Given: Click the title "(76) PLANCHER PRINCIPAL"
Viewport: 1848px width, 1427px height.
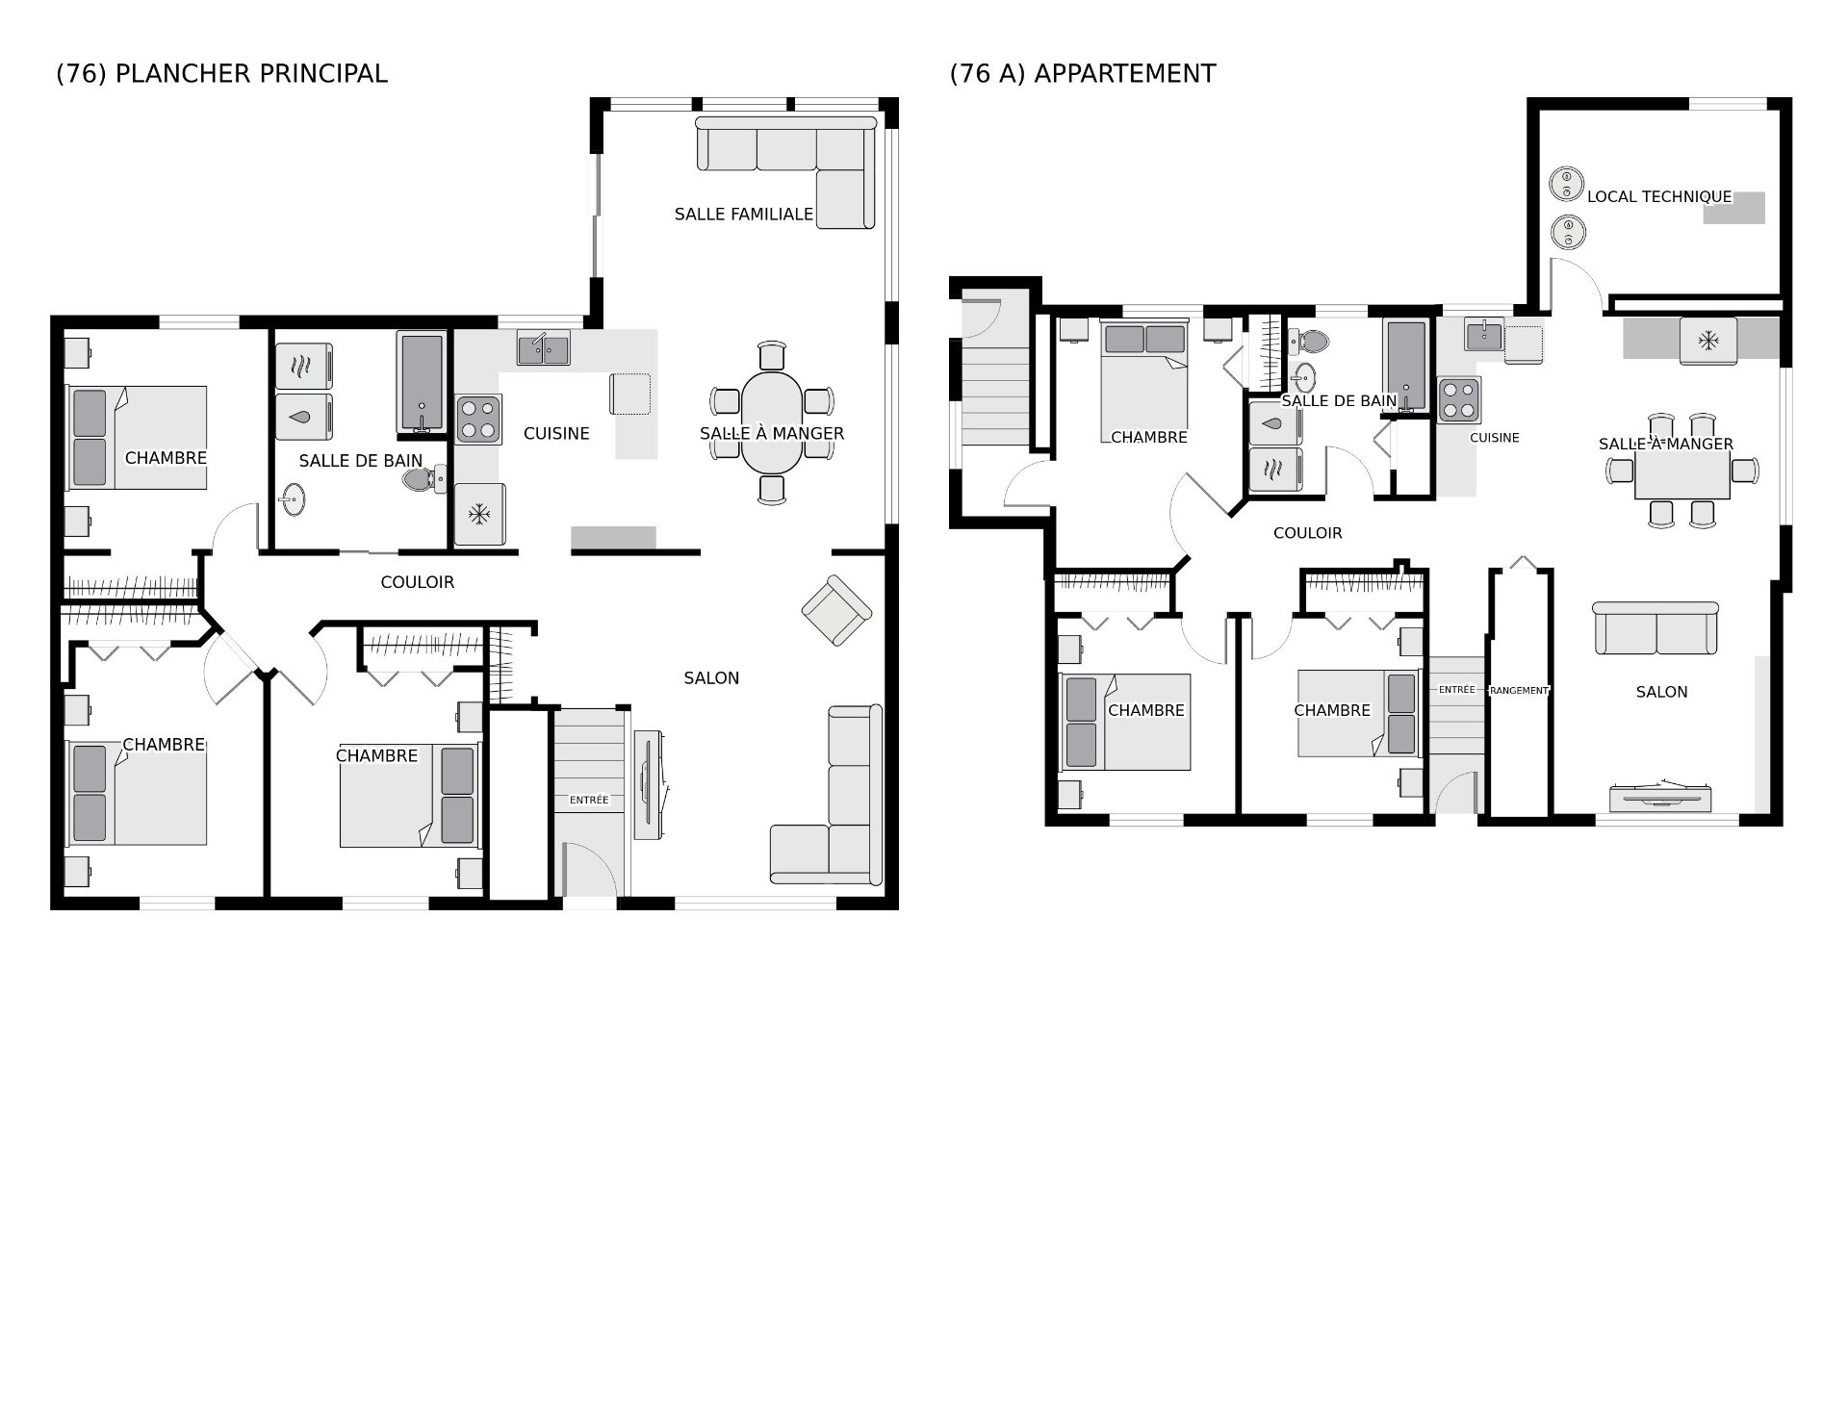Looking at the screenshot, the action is point(221,74).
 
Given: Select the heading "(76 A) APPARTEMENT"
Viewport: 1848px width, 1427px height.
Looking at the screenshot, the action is point(1083,74).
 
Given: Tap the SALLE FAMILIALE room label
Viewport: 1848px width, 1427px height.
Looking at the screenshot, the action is point(744,214).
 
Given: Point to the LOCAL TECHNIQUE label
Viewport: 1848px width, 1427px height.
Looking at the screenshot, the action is point(1659,196).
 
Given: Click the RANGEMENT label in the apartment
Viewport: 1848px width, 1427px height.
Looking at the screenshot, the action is point(1519,690).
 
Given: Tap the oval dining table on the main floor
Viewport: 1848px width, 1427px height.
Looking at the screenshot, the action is point(772,422).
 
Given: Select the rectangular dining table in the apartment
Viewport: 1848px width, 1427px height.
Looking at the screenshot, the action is point(1682,471).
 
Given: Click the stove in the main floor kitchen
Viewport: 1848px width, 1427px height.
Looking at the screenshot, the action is point(478,420).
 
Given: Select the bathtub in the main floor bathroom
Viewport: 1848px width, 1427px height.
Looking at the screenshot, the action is point(421,384).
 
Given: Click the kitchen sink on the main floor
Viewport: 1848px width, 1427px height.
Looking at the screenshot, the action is point(543,347).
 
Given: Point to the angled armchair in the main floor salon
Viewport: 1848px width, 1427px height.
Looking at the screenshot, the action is point(836,610).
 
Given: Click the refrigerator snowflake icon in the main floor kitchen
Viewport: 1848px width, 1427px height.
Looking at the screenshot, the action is point(478,515).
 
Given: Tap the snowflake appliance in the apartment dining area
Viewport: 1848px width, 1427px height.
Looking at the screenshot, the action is point(1708,341).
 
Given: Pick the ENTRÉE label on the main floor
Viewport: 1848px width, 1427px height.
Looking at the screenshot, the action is point(589,800).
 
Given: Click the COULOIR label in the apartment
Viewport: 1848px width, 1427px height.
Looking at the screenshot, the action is point(1307,533).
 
